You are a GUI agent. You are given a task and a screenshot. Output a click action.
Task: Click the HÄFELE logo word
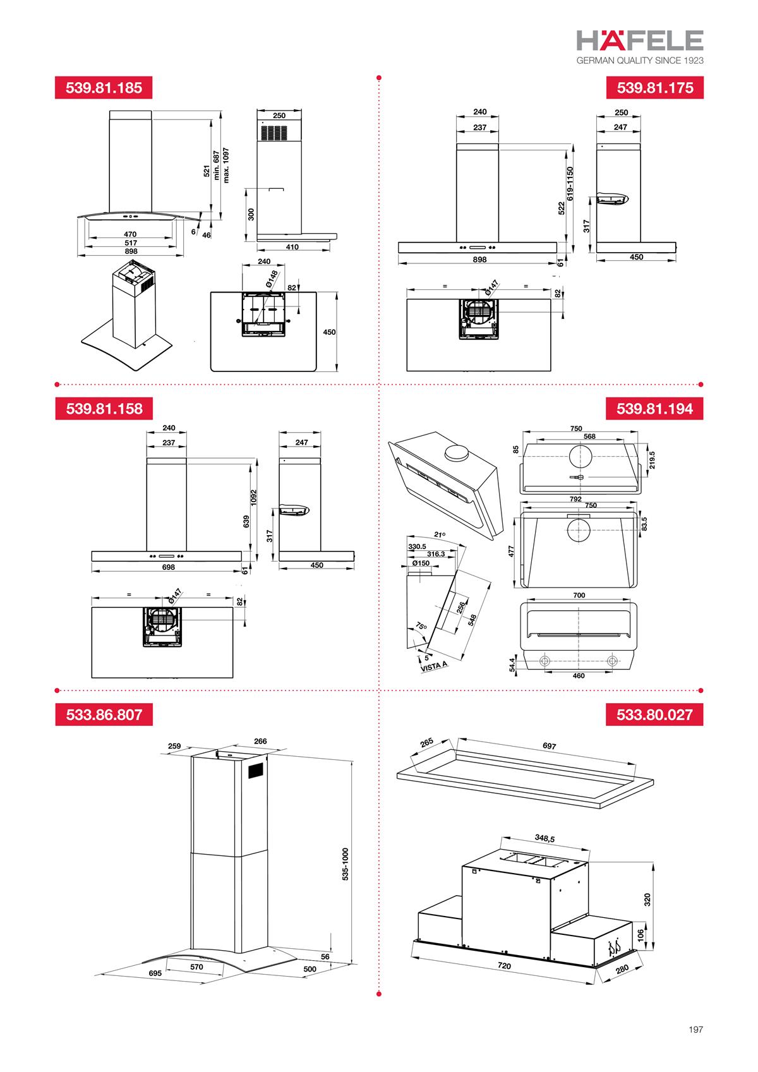click(x=640, y=41)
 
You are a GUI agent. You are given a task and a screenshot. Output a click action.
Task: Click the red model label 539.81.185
click(x=104, y=88)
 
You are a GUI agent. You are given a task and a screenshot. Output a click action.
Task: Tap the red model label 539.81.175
click(x=655, y=88)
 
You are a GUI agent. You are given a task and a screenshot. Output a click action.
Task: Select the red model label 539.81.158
click(x=104, y=408)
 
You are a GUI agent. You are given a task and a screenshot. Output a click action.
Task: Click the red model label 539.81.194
click(x=655, y=408)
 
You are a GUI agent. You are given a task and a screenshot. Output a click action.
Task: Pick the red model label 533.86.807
click(x=104, y=715)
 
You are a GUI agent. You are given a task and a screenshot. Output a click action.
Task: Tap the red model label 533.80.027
click(x=655, y=715)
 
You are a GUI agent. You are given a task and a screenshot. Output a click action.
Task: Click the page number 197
click(x=695, y=1030)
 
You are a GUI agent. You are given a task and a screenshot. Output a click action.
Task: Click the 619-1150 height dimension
click(x=570, y=184)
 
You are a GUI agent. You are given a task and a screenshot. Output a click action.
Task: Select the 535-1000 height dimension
click(x=346, y=864)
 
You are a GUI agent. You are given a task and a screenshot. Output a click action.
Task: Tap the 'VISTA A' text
click(x=434, y=665)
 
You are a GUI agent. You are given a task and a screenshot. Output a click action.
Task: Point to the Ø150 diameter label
click(x=421, y=563)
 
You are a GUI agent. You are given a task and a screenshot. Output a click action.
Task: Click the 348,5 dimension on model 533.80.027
click(x=544, y=839)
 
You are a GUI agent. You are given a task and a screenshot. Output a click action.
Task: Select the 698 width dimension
click(x=168, y=567)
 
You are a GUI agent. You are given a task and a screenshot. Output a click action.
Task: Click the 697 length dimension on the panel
click(x=550, y=746)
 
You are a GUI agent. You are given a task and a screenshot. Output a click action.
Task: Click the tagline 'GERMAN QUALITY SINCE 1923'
click(x=640, y=61)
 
